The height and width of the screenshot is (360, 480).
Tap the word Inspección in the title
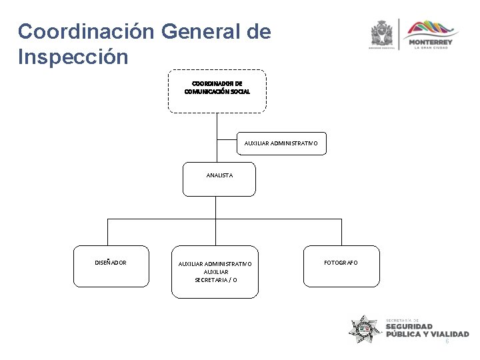click(x=73, y=57)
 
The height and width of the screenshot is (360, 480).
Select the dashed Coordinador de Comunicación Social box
click(x=217, y=91)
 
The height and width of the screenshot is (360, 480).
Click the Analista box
click(x=219, y=179)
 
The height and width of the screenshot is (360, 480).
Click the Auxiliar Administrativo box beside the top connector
click(x=282, y=143)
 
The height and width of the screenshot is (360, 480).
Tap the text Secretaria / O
click(x=215, y=280)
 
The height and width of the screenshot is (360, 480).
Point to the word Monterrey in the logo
click(x=433, y=42)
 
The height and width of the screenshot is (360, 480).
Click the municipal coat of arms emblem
click(x=383, y=33)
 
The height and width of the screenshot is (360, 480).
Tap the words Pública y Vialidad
click(x=427, y=334)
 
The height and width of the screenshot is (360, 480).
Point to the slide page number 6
click(x=447, y=341)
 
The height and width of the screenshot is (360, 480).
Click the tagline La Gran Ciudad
click(x=433, y=48)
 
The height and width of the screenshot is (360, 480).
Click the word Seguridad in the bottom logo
click(x=413, y=327)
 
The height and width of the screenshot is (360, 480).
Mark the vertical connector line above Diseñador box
click(x=108, y=232)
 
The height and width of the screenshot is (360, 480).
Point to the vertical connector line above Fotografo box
click(x=341, y=232)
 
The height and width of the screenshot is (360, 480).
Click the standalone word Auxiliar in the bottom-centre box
click(x=215, y=272)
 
